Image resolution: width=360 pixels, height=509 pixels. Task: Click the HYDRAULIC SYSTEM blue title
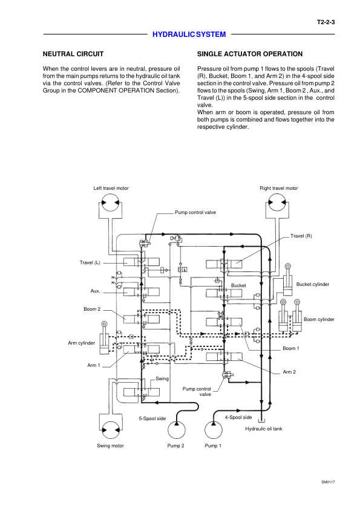coord(189,34)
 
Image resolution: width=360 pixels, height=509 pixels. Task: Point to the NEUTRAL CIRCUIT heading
coord(73,54)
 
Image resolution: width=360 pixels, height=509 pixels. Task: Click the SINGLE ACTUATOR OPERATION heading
coord(250,54)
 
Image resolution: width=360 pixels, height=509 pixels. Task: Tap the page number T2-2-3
coord(326,22)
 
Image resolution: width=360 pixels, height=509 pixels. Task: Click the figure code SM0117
coord(328,482)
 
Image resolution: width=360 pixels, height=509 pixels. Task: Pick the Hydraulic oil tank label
coord(264,429)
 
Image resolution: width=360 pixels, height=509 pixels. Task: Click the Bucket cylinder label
coord(313,284)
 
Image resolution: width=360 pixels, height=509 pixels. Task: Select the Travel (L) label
coord(90,262)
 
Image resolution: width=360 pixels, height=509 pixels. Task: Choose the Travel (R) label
coord(301,236)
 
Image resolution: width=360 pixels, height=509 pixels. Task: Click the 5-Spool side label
coord(152,418)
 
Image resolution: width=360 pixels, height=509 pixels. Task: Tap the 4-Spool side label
coord(238,417)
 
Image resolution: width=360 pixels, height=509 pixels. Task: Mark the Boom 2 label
coord(92,309)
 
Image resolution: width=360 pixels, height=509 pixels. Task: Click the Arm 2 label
coord(289,372)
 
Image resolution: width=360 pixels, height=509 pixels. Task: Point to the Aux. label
coord(95,291)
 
